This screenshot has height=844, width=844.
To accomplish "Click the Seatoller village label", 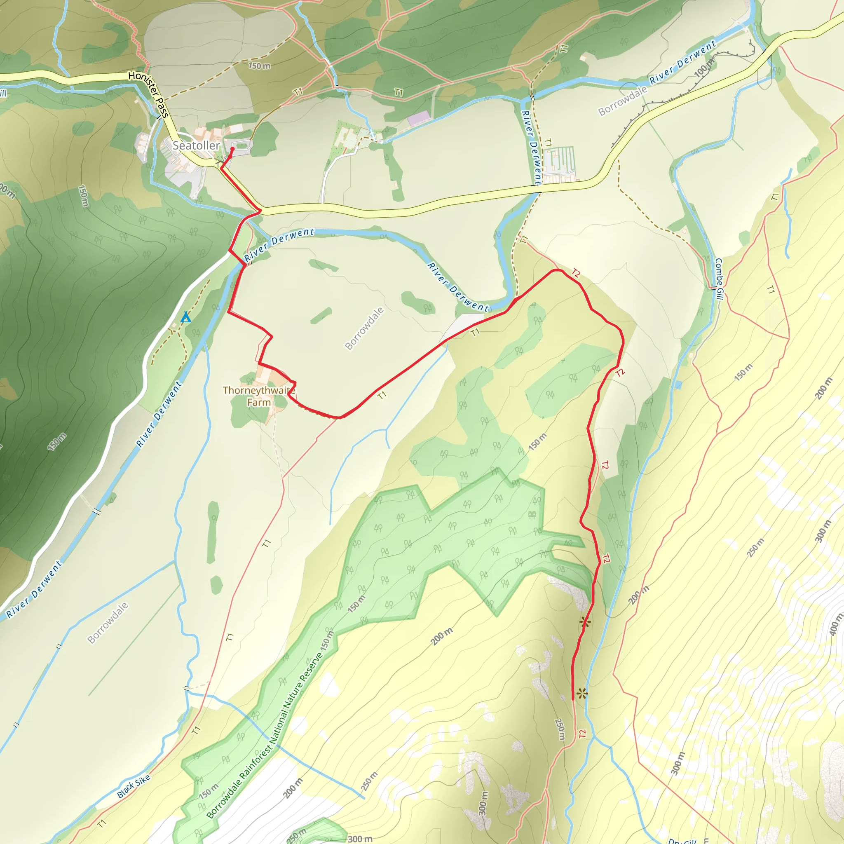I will coord(196,145).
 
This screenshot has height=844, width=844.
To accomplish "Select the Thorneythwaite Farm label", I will coord(259,396).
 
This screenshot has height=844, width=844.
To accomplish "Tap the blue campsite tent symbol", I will coord(186,317).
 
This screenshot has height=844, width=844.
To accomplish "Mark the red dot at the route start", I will coord(232,149).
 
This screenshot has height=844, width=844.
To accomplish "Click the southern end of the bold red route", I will coord(573,699).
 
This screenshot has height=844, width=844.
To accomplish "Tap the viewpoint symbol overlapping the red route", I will coord(585,623).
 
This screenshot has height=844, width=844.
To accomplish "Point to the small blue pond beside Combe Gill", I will coord(678,385).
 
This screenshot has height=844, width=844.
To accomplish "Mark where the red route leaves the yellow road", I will coord(260,211).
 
